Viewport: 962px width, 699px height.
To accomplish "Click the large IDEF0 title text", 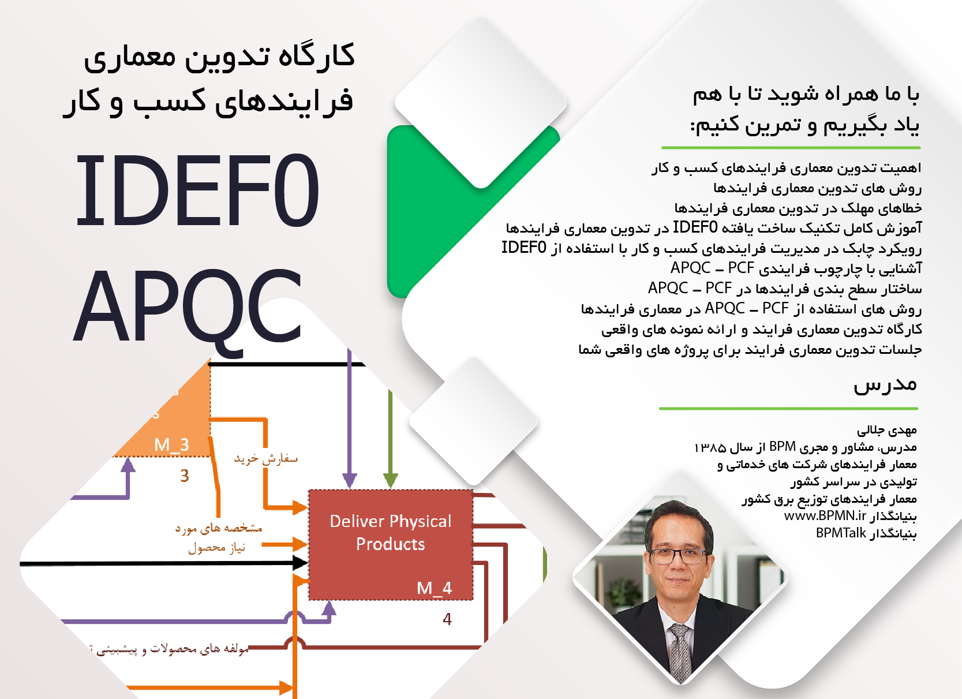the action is (x=197, y=190).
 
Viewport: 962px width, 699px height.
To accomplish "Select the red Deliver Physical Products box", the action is (x=391, y=545).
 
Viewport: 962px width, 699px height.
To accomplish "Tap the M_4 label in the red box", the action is (x=434, y=588).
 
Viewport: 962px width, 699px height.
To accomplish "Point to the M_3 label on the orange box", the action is (x=171, y=444).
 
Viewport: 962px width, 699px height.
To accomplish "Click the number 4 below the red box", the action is (x=447, y=619).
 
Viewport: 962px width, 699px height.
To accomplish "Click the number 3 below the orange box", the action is (x=185, y=476).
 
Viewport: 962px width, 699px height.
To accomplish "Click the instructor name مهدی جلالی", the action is (x=887, y=430).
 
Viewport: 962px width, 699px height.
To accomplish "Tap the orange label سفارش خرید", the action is (x=266, y=459).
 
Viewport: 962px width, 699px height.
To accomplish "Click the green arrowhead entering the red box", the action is (x=390, y=481).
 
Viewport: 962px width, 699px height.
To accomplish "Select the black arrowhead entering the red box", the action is (x=300, y=563).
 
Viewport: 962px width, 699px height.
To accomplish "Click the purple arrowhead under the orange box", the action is (x=128, y=465).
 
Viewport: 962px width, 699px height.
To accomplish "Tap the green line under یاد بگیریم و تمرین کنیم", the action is (x=791, y=148).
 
